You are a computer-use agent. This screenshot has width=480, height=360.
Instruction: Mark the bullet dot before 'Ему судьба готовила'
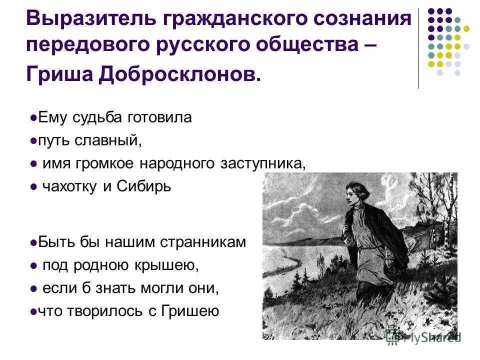click(x=33, y=118)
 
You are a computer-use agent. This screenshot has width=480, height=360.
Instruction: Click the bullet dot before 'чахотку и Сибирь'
click(x=33, y=187)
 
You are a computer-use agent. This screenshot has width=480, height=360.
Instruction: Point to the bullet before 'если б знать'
click(x=33, y=289)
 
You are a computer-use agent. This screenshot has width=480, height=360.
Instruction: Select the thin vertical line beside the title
click(x=418, y=48)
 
